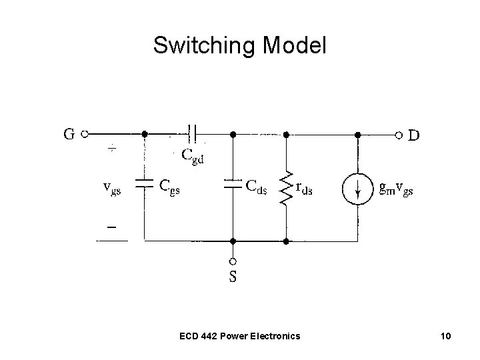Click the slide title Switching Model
coord(240,45)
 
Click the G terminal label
coord(69,134)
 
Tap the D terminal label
coord(414,135)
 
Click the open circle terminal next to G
coord(85,134)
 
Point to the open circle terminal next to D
coord(398,135)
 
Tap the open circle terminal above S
coord(233,261)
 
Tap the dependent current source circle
coord(358,189)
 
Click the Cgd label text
coord(193,155)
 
